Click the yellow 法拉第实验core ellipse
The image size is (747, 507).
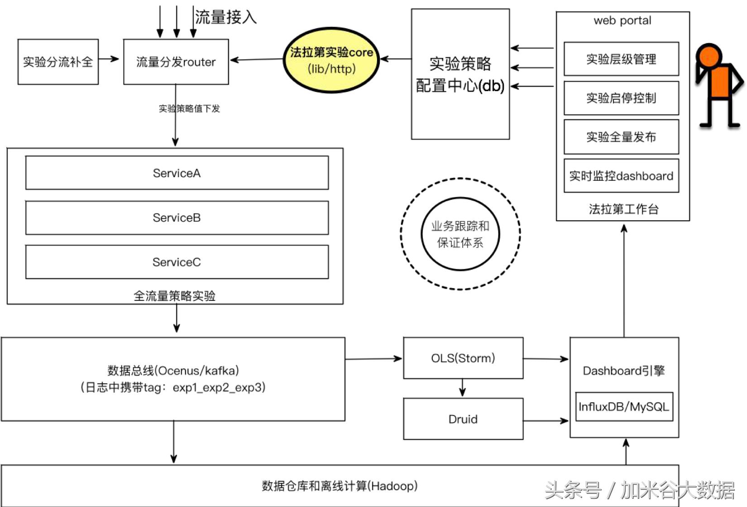coord(331,60)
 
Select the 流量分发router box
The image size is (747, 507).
coord(176,62)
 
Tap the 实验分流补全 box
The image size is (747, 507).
coord(58,62)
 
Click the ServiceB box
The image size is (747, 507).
coord(177,218)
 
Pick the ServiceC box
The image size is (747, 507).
coord(177,262)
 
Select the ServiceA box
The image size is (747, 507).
coord(177,173)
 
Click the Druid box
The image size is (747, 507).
coord(463,419)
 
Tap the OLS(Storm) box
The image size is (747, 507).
coord(463,358)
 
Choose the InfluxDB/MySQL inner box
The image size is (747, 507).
coord(623,407)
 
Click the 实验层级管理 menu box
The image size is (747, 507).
coord(621,59)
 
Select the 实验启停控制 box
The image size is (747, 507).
coord(621,98)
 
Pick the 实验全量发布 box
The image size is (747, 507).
coord(621,137)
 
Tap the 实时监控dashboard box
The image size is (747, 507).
coord(621,176)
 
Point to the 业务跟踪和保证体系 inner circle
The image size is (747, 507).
coord(460,234)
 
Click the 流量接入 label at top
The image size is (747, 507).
coord(225,17)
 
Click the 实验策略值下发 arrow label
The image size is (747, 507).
coord(189,109)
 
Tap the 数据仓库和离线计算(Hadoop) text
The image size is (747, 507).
coord(340,486)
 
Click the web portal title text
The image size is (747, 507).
coord(622,20)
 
